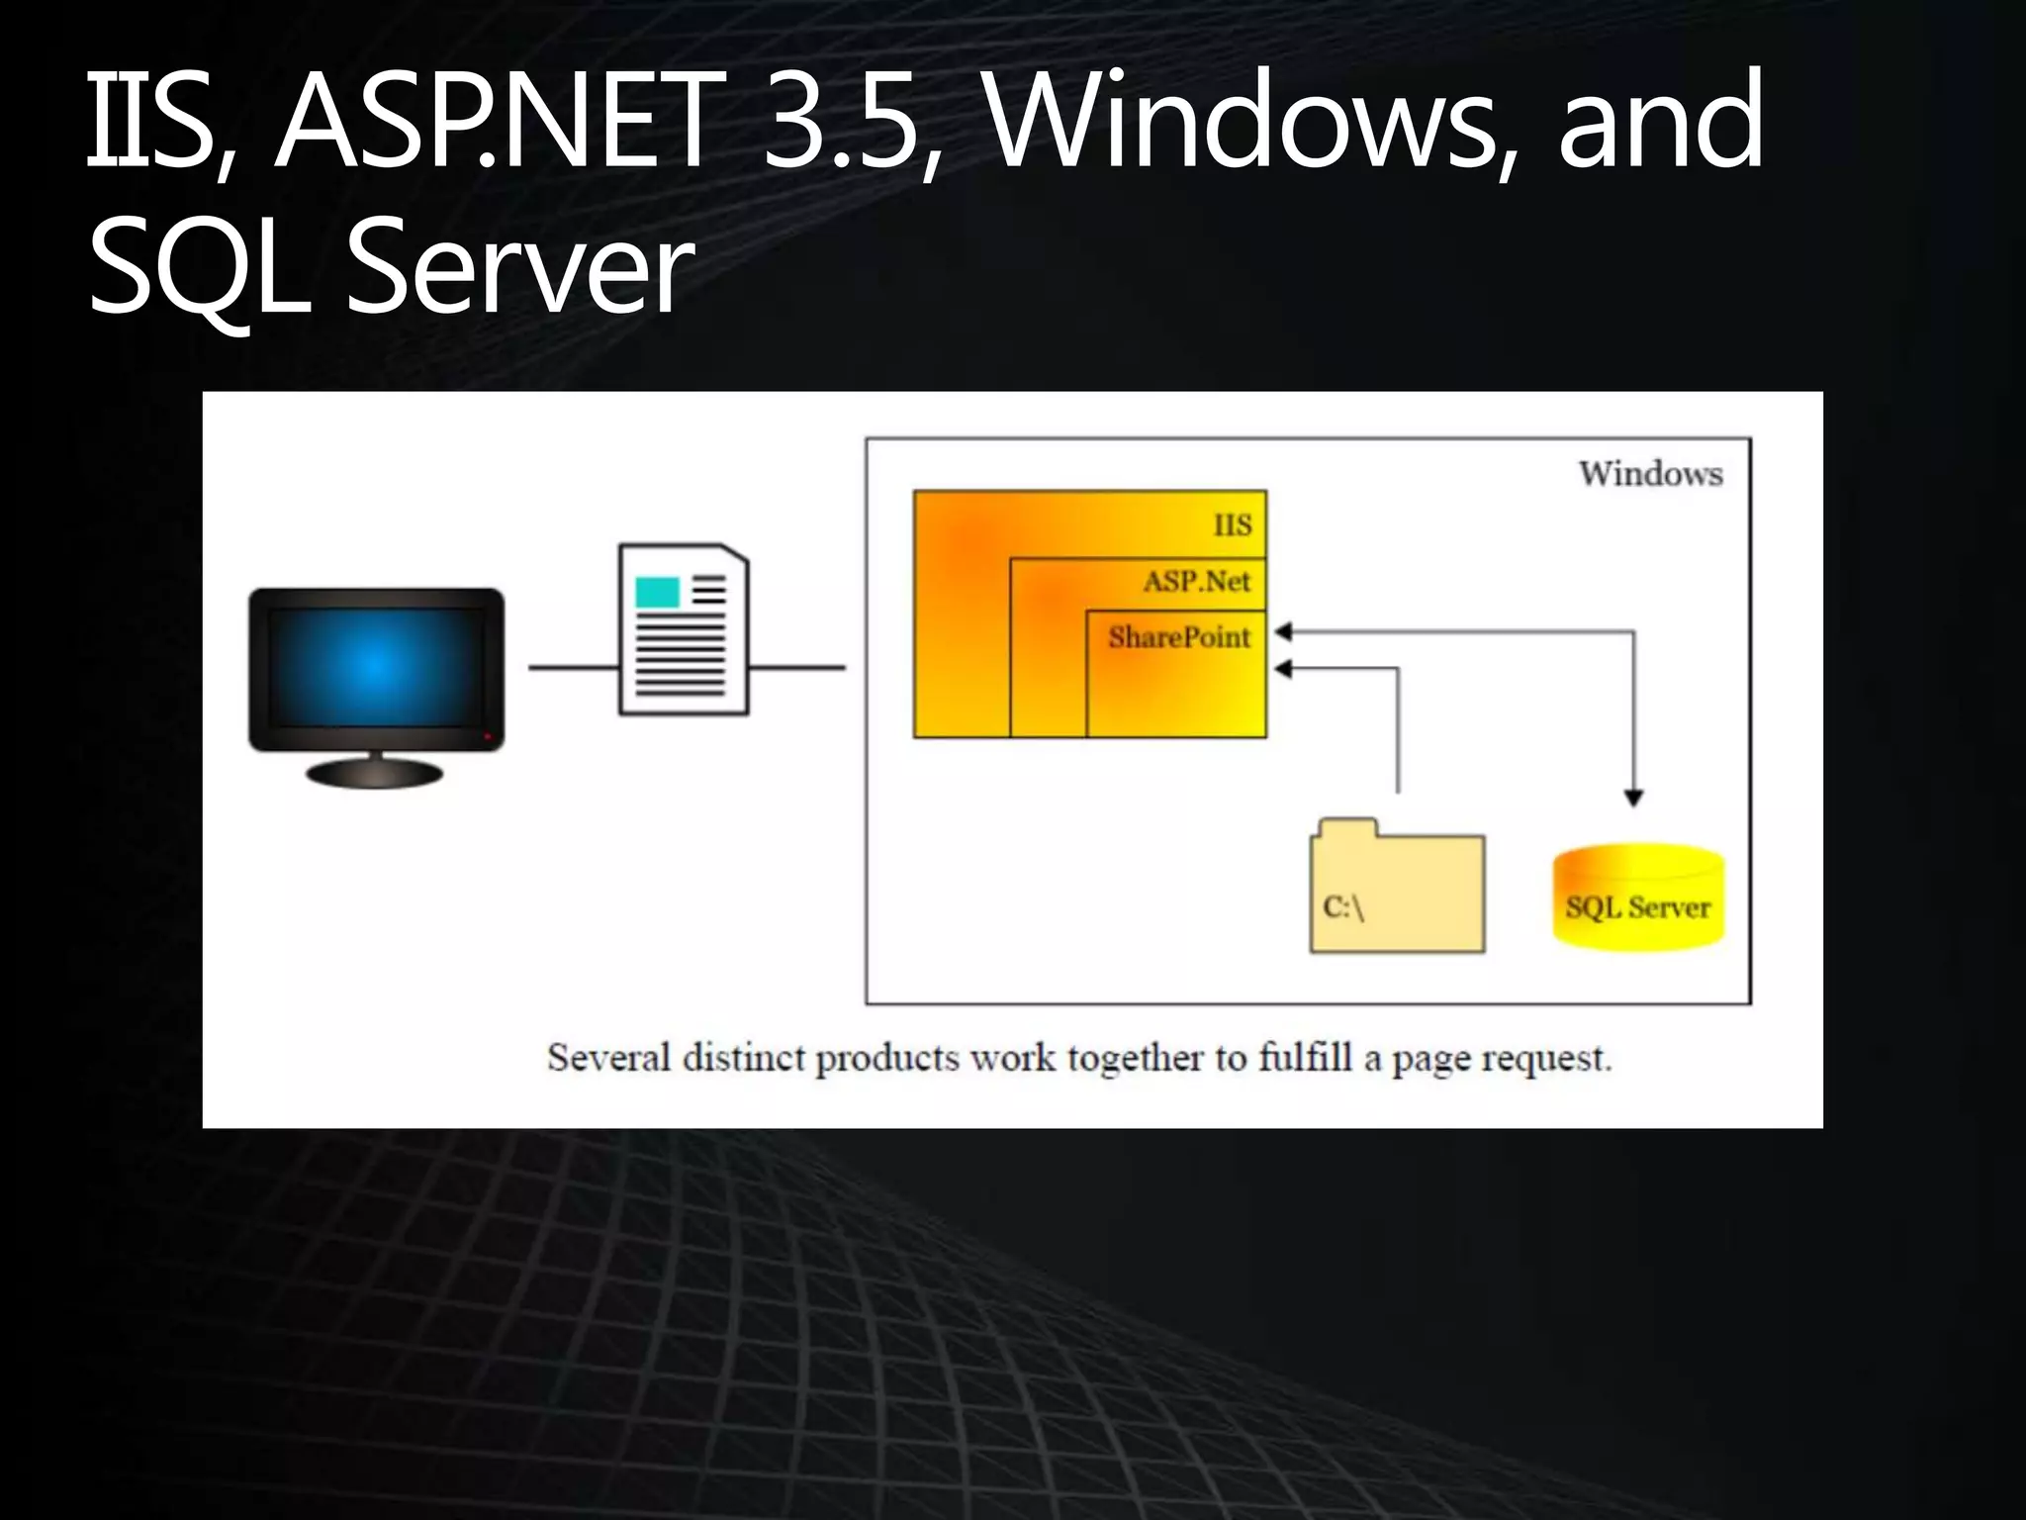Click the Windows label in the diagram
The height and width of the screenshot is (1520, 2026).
coord(1650,474)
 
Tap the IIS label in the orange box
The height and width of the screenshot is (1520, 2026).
coord(1233,525)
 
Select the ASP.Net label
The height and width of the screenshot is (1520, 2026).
coord(1197,581)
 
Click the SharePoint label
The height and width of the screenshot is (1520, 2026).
coord(1178,637)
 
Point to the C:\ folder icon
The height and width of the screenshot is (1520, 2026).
coord(1397,889)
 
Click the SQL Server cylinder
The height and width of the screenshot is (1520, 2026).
coord(1638,898)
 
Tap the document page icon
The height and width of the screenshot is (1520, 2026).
coord(683,630)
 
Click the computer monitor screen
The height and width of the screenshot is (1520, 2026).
coord(376,668)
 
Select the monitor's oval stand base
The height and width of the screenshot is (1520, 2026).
coord(375,773)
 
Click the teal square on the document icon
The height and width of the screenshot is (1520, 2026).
coord(658,592)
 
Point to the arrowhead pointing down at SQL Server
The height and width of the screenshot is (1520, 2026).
coord(1633,798)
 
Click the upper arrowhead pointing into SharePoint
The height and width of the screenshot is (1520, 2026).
coord(1283,631)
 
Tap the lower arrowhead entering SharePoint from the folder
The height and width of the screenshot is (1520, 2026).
coord(1283,669)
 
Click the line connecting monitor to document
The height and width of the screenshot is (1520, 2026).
coord(573,668)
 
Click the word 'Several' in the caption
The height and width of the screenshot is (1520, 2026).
coord(608,1058)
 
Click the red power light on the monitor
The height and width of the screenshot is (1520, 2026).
coord(487,737)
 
